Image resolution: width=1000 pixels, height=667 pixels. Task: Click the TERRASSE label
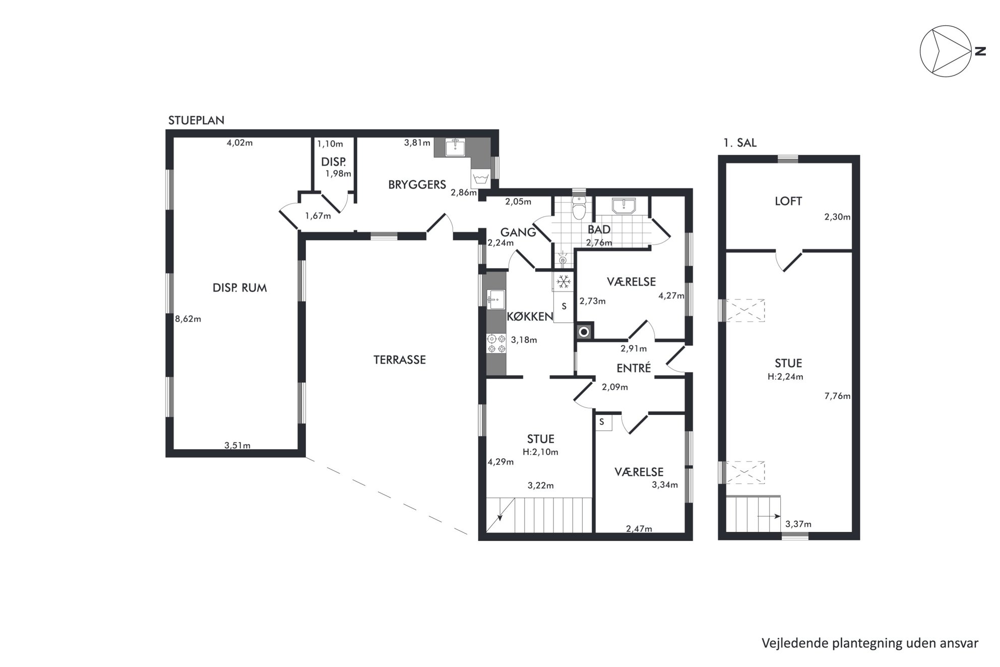(399, 360)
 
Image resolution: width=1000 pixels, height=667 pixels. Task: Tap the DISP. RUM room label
(239, 288)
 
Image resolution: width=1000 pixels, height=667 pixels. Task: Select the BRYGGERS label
(417, 185)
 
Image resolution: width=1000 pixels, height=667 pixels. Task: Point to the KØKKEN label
(530, 317)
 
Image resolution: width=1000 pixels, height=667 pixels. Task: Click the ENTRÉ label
(634, 368)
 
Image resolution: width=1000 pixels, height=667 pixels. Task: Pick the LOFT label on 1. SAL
(788, 201)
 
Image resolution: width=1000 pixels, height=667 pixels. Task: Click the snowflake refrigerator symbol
(563, 281)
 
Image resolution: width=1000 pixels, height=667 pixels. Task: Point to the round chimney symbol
(584, 332)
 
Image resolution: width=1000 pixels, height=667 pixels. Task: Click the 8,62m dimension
(187, 319)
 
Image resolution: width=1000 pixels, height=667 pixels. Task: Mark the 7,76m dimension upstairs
(837, 396)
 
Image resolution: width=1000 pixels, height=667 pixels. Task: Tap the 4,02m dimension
(239, 143)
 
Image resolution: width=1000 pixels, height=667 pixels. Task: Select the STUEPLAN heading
(196, 120)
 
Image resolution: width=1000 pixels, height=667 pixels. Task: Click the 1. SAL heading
(740, 143)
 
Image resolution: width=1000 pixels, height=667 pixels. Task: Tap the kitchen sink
(495, 299)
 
